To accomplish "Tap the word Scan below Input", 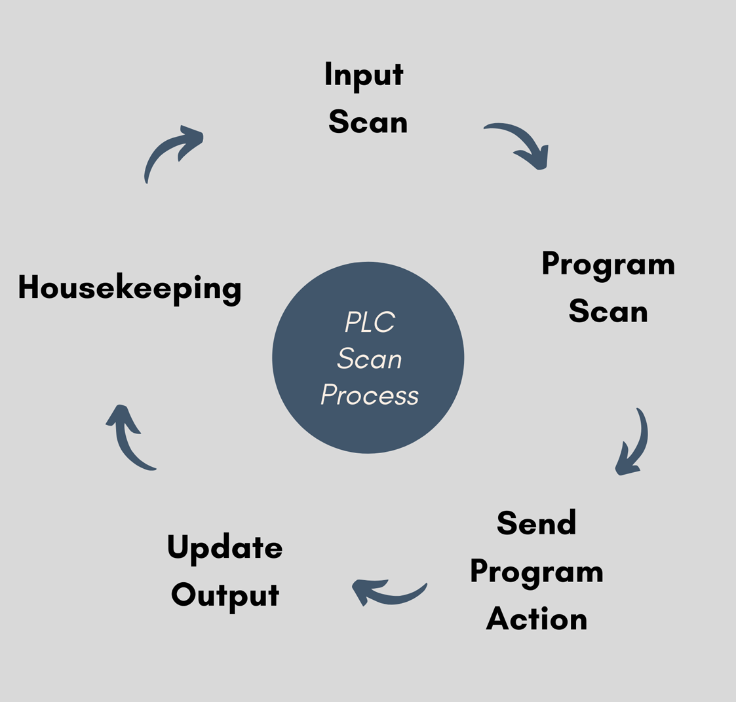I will (x=368, y=122).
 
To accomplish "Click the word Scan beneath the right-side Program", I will (x=608, y=312).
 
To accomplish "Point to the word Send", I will (x=536, y=523).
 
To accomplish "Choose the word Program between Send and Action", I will (x=536, y=572).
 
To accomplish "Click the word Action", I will (x=536, y=619).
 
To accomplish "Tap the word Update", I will (x=225, y=548).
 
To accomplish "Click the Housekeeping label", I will (x=130, y=289).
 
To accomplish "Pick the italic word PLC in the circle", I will (x=370, y=322).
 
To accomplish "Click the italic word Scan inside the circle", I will (x=370, y=359).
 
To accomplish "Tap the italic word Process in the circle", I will (x=370, y=396).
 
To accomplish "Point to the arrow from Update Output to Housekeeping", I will (x=126, y=439).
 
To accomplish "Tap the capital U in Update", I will (x=178, y=547).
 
